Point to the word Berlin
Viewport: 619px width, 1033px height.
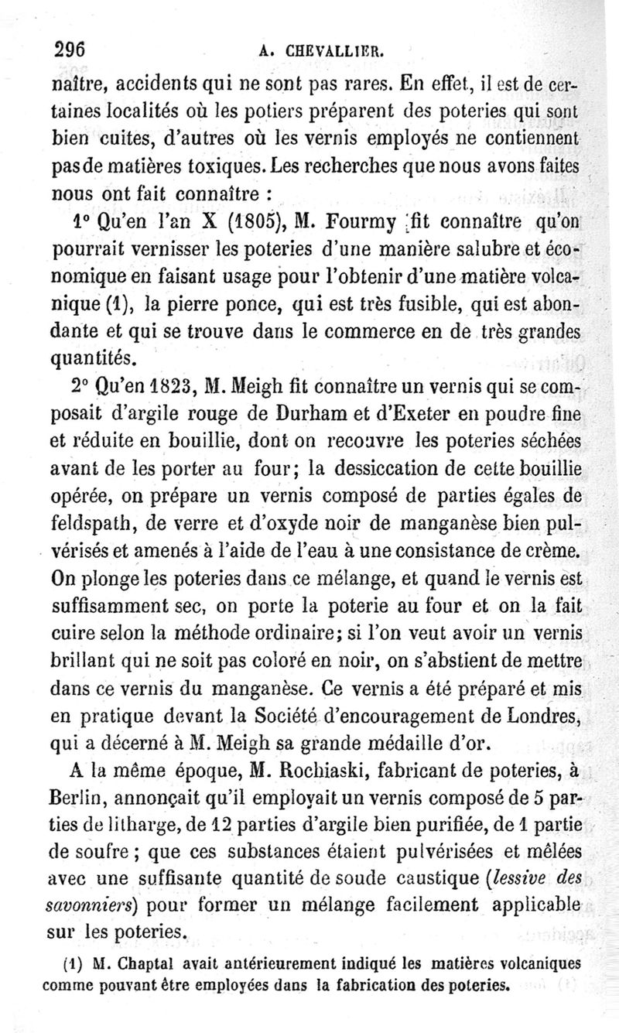click(77, 797)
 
